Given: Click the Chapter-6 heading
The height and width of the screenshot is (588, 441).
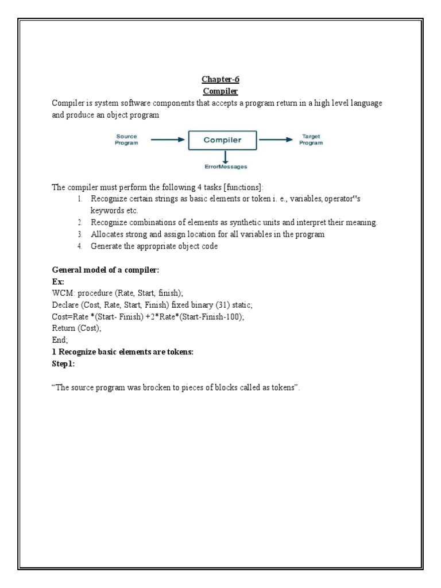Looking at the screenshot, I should click(x=220, y=80).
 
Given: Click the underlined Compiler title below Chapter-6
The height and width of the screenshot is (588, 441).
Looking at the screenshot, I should click(x=220, y=91).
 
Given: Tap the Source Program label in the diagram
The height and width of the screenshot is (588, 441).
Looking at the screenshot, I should click(x=126, y=140).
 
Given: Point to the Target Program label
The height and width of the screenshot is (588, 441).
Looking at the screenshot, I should click(x=312, y=140).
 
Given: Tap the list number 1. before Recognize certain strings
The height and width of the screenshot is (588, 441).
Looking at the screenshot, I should click(x=80, y=199).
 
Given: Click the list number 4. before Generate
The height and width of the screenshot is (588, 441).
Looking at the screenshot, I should click(x=80, y=246).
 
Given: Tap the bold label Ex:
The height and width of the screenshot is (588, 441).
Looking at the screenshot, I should click(x=58, y=281).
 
